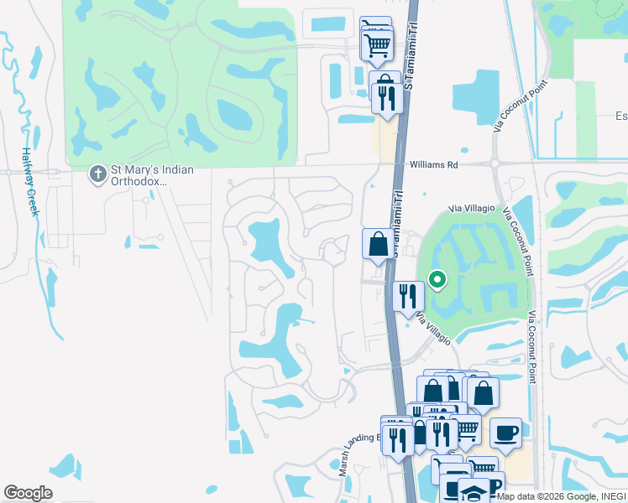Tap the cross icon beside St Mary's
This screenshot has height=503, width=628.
pos(97,174)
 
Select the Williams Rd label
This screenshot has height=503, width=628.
pos(434,165)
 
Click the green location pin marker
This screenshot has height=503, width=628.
pos(437,280)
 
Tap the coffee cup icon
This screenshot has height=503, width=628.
pos(505,433)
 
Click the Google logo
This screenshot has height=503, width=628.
pos(28,493)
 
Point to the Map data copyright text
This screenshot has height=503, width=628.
pos(561,496)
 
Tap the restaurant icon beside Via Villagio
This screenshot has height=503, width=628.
pos(408,296)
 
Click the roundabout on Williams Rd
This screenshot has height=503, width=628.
pos(495,164)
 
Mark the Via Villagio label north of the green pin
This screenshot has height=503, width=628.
pos(478,207)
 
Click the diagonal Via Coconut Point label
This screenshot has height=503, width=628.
pos(521,106)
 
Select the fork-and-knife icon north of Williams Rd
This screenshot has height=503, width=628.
pos(386,99)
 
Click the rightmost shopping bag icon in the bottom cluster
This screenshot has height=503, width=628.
pos(484,392)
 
